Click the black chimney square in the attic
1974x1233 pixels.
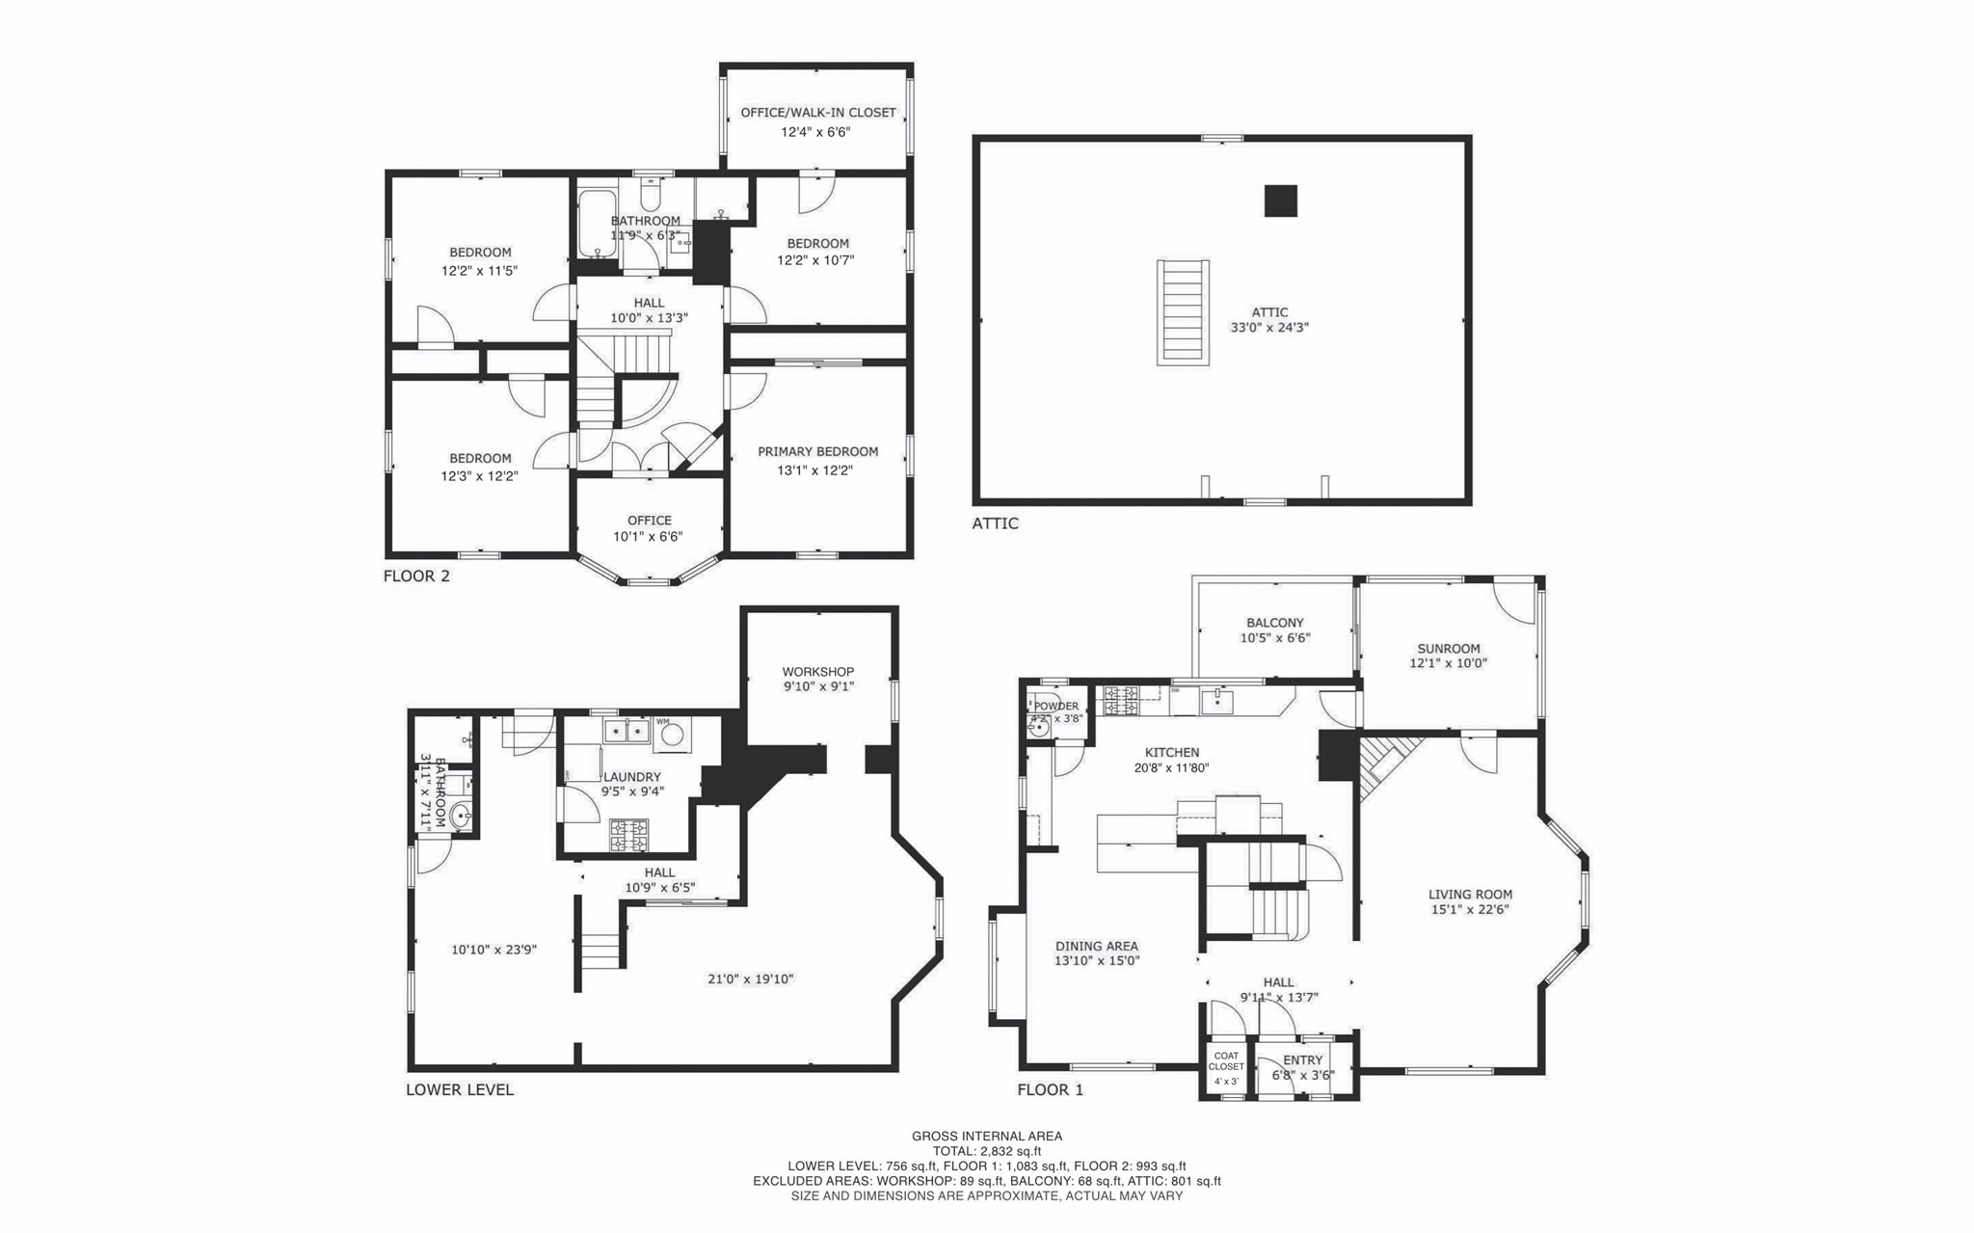pyautogui.click(x=1280, y=201)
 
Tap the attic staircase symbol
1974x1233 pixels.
pyautogui.click(x=1183, y=312)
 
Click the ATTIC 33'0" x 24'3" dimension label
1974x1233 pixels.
pyautogui.click(x=1269, y=320)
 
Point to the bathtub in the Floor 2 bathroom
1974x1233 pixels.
pyautogui.click(x=598, y=224)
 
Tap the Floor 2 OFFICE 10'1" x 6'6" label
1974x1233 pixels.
pyautogui.click(x=649, y=528)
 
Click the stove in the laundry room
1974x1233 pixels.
pyautogui.click(x=628, y=835)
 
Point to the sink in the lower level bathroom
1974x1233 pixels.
pyautogui.click(x=462, y=817)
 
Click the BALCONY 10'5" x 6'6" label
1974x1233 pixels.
pyautogui.click(x=1274, y=630)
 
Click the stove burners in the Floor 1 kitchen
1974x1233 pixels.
pyautogui.click(x=1121, y=700)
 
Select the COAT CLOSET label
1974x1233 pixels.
pyautogui.click(x=1226, y=1061)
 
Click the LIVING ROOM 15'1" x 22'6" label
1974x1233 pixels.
pyautogui.click(x=1469, y=901)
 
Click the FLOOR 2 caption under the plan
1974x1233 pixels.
pyautogui.click(x=416, y=576)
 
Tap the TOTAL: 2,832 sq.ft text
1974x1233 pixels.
pyautogui.click(x=986, y=1151)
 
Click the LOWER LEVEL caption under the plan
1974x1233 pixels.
pyautogui.click(x=459, y=1090)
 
